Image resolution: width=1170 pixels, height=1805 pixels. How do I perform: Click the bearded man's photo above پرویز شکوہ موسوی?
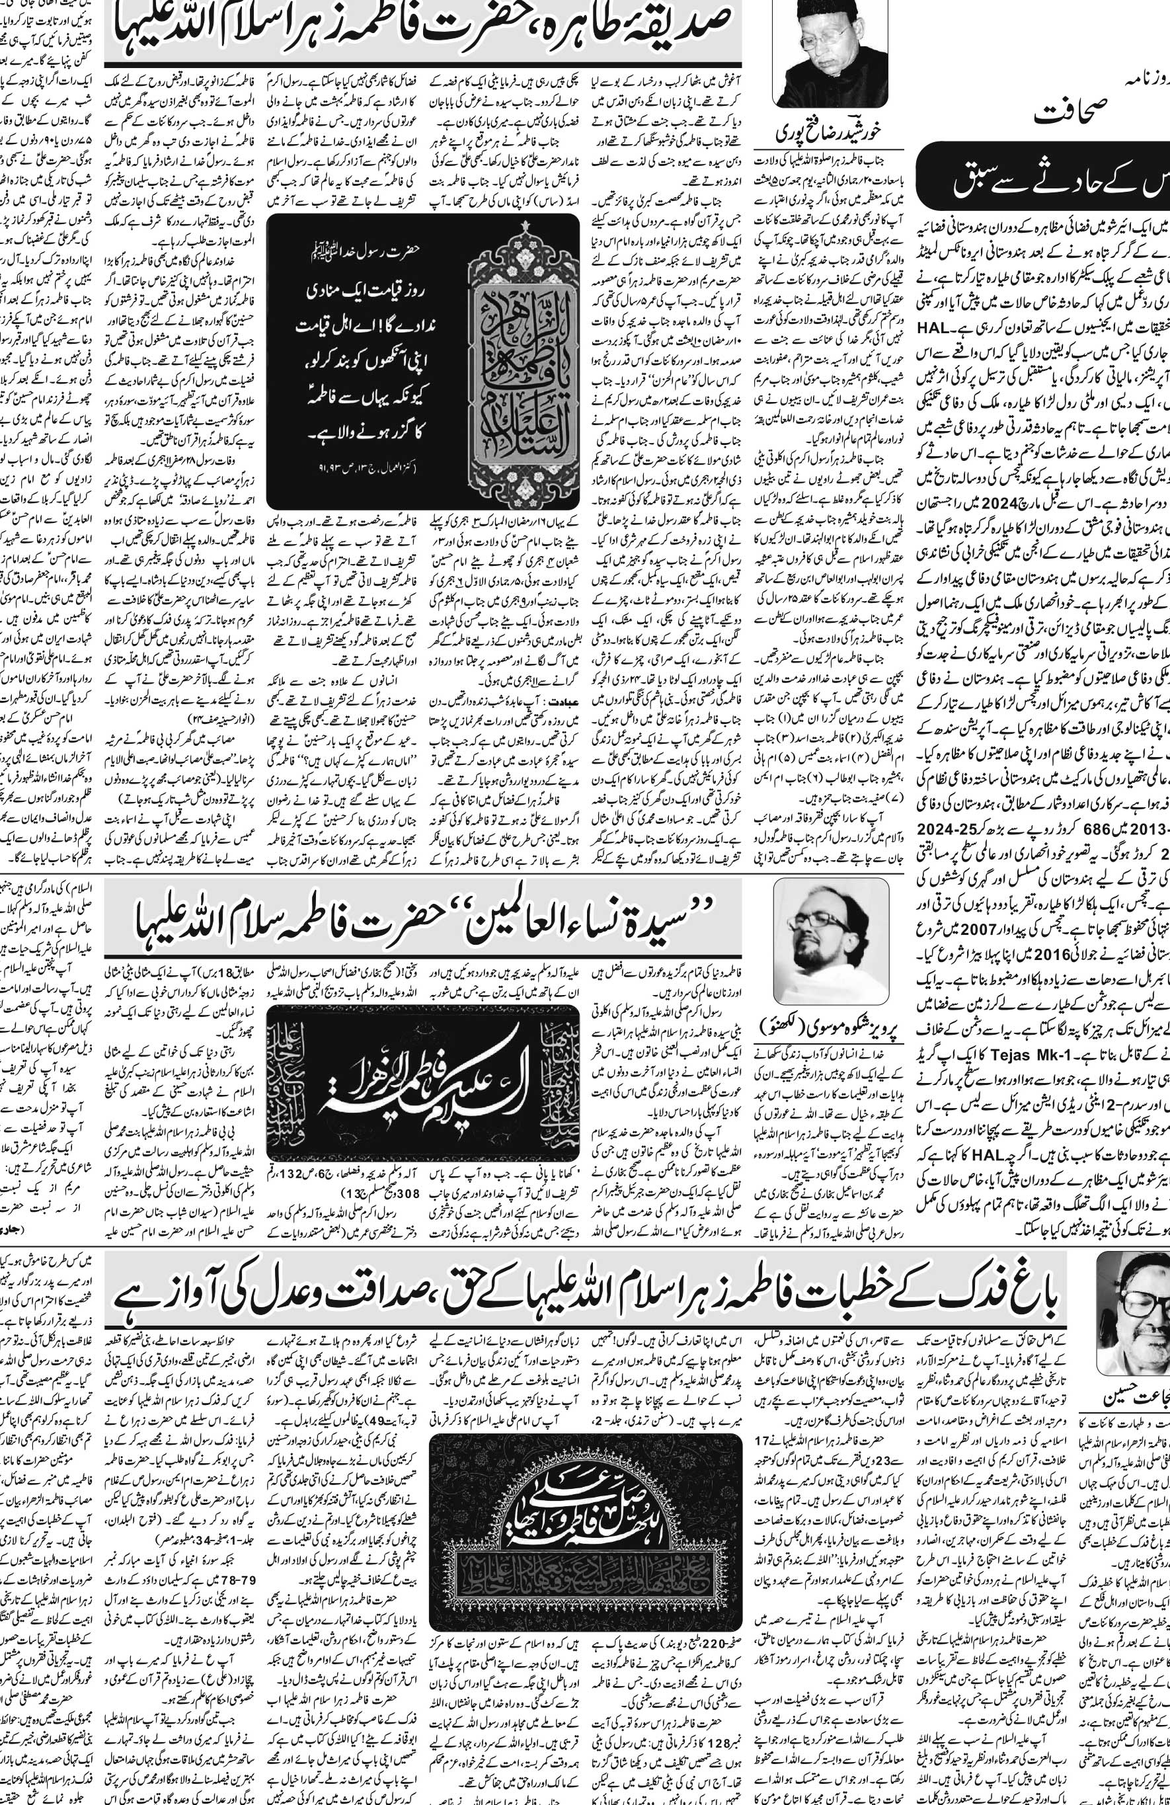coord(831,940)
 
